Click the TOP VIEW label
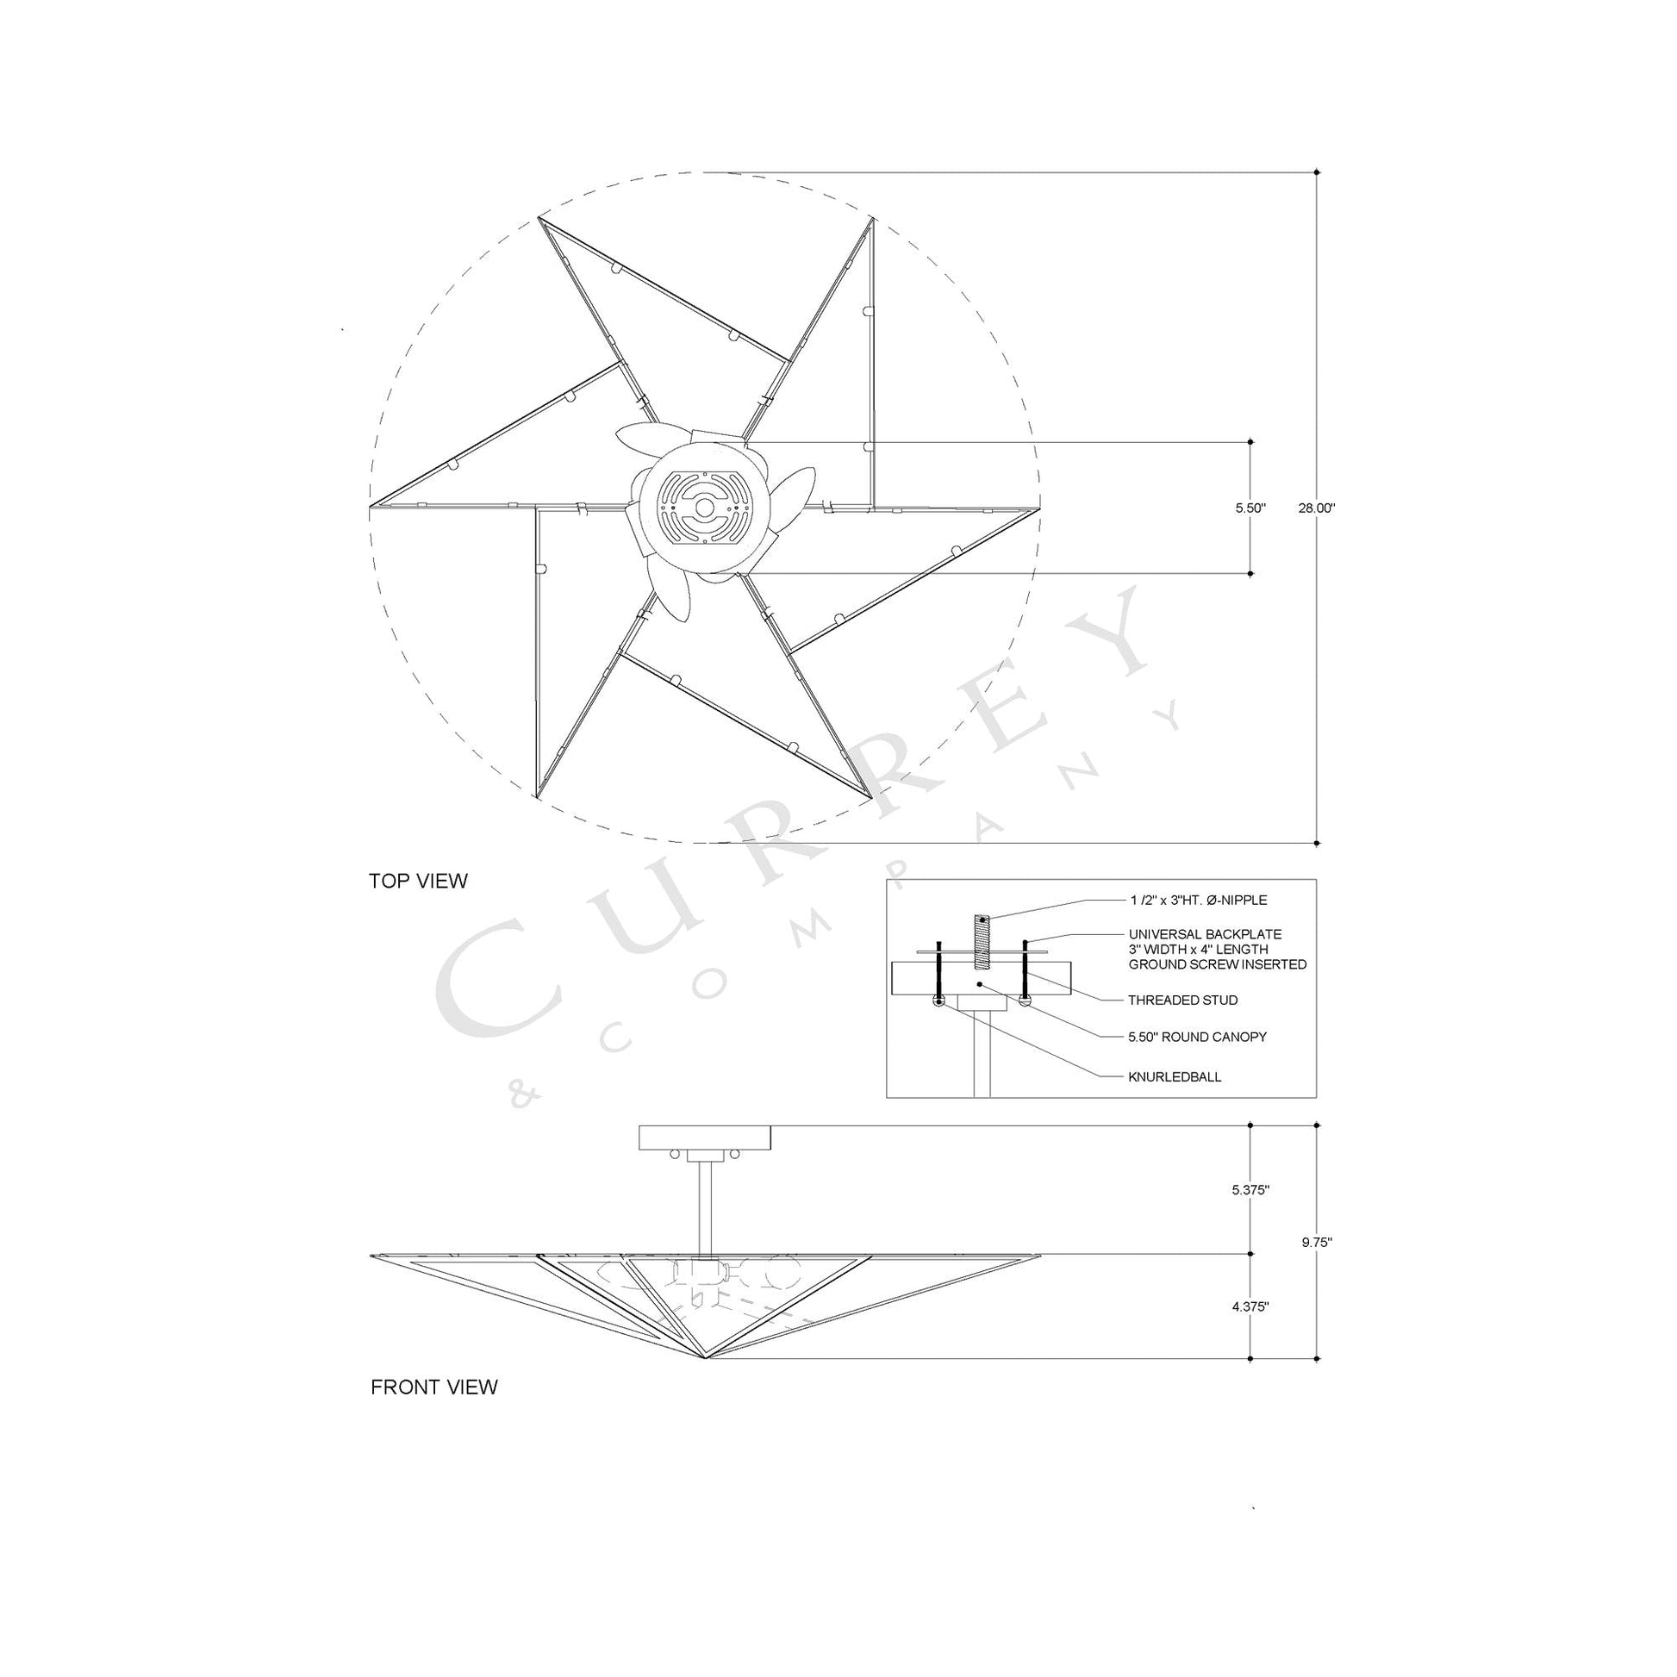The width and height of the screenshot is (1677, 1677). click(x=417, y=881)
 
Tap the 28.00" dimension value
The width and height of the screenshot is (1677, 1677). click(x=1316, y=508)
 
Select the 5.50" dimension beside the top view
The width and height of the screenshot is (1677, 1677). click(x=1250, y=508)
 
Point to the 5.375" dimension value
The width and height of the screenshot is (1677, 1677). click(x=1250, y=1190)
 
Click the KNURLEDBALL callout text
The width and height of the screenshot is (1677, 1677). click(x=1175, y=1077)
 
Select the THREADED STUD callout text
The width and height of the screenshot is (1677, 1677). click(x=1183, y=1000)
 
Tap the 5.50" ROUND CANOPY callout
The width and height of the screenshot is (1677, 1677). click(x=1197, y=1037)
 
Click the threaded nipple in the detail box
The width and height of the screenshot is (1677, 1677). click(x=982, y=941)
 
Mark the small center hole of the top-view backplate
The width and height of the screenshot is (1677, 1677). click(x=705, y=507)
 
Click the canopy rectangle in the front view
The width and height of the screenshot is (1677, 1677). click(x=704, y=1138)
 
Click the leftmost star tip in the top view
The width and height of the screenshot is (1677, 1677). click(x=371, y=506)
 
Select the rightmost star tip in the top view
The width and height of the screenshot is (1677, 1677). click(x=1038, y=508)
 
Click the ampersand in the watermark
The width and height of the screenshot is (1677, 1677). click(x=524, y=1097)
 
